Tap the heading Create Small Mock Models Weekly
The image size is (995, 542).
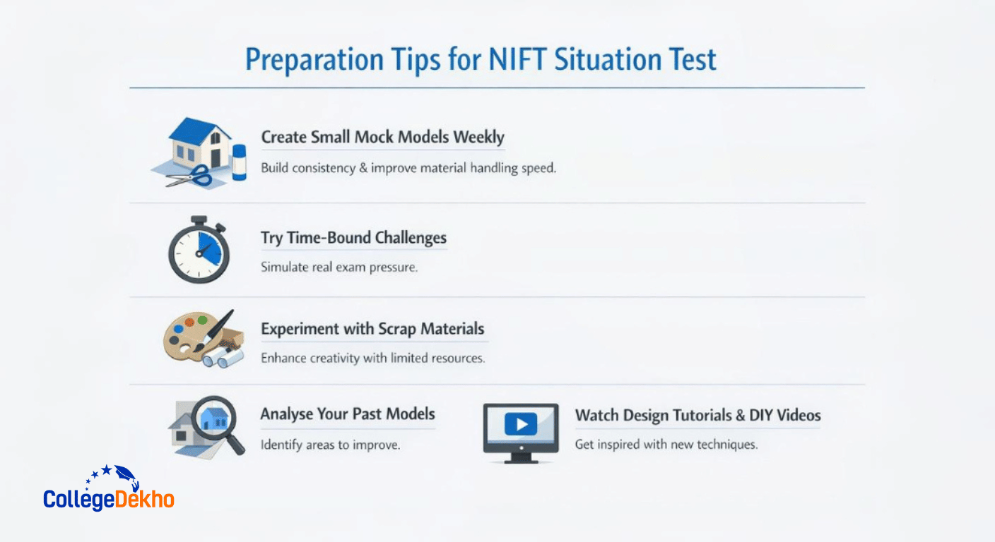pyautogui.click(x=382, y=137)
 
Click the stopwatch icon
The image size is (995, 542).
pyautogui.click(x=199, y=251)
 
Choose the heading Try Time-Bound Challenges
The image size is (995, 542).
pyautogui.click(x=353, y=238)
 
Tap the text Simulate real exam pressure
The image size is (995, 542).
pyautogui.click(x=338, y=268)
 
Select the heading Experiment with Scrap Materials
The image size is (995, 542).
pyautogui.click(x=372, y=329)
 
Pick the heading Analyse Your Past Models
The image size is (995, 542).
pyautogui.click(x=348, y=414)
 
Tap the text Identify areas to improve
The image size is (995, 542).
pyautogui.click(x=330, y=445)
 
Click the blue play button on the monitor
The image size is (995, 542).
pyautogui.click(x=521, y=424)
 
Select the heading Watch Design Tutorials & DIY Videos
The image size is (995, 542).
pyautogui.click(x=697, y=415)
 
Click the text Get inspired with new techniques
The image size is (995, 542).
pyautogui.click(x=666, y=445)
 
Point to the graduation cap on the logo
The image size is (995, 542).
pyautogui.click(x=126, y=474)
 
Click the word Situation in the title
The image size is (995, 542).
pyautogui.click(x=608, y=60)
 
